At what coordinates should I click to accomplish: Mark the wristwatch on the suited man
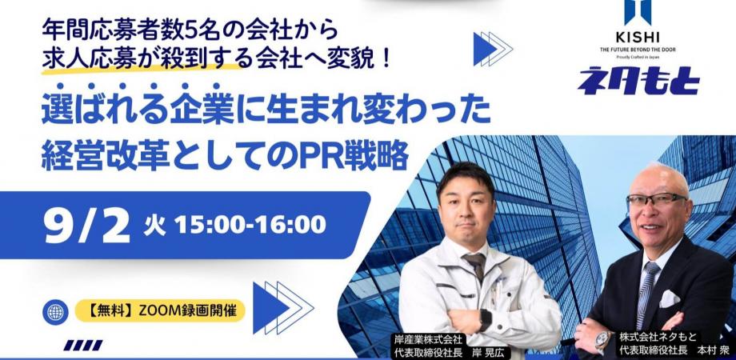603,339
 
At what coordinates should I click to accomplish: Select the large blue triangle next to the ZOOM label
270,307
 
